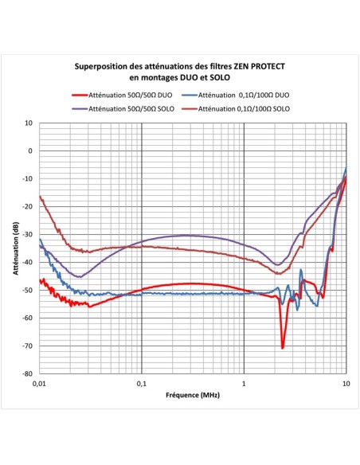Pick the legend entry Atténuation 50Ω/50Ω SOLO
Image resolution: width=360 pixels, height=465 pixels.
(x=131, y=107)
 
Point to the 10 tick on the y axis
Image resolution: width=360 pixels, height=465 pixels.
(x=29, y=123)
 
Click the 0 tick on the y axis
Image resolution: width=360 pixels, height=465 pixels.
(x=30, y=150)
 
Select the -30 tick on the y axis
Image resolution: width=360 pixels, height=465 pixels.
(x=28, y=234)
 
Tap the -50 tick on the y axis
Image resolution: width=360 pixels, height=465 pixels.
(x=28, y=290)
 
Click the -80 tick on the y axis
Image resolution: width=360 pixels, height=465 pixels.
(x=28, y=373)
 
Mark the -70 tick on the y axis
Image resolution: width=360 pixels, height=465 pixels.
(x=28, y=346)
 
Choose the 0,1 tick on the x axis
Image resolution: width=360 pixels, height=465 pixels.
(x=142, y=384)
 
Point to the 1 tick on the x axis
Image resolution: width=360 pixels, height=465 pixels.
(x=244, y=384)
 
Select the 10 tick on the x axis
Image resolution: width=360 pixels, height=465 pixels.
(x=345, y=384)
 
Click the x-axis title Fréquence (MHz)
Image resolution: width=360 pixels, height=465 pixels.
(x=192, y=395)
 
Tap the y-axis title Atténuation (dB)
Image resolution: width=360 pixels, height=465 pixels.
(x=15, y=248)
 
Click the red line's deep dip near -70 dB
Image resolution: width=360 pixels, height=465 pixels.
(x=283, y=347)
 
